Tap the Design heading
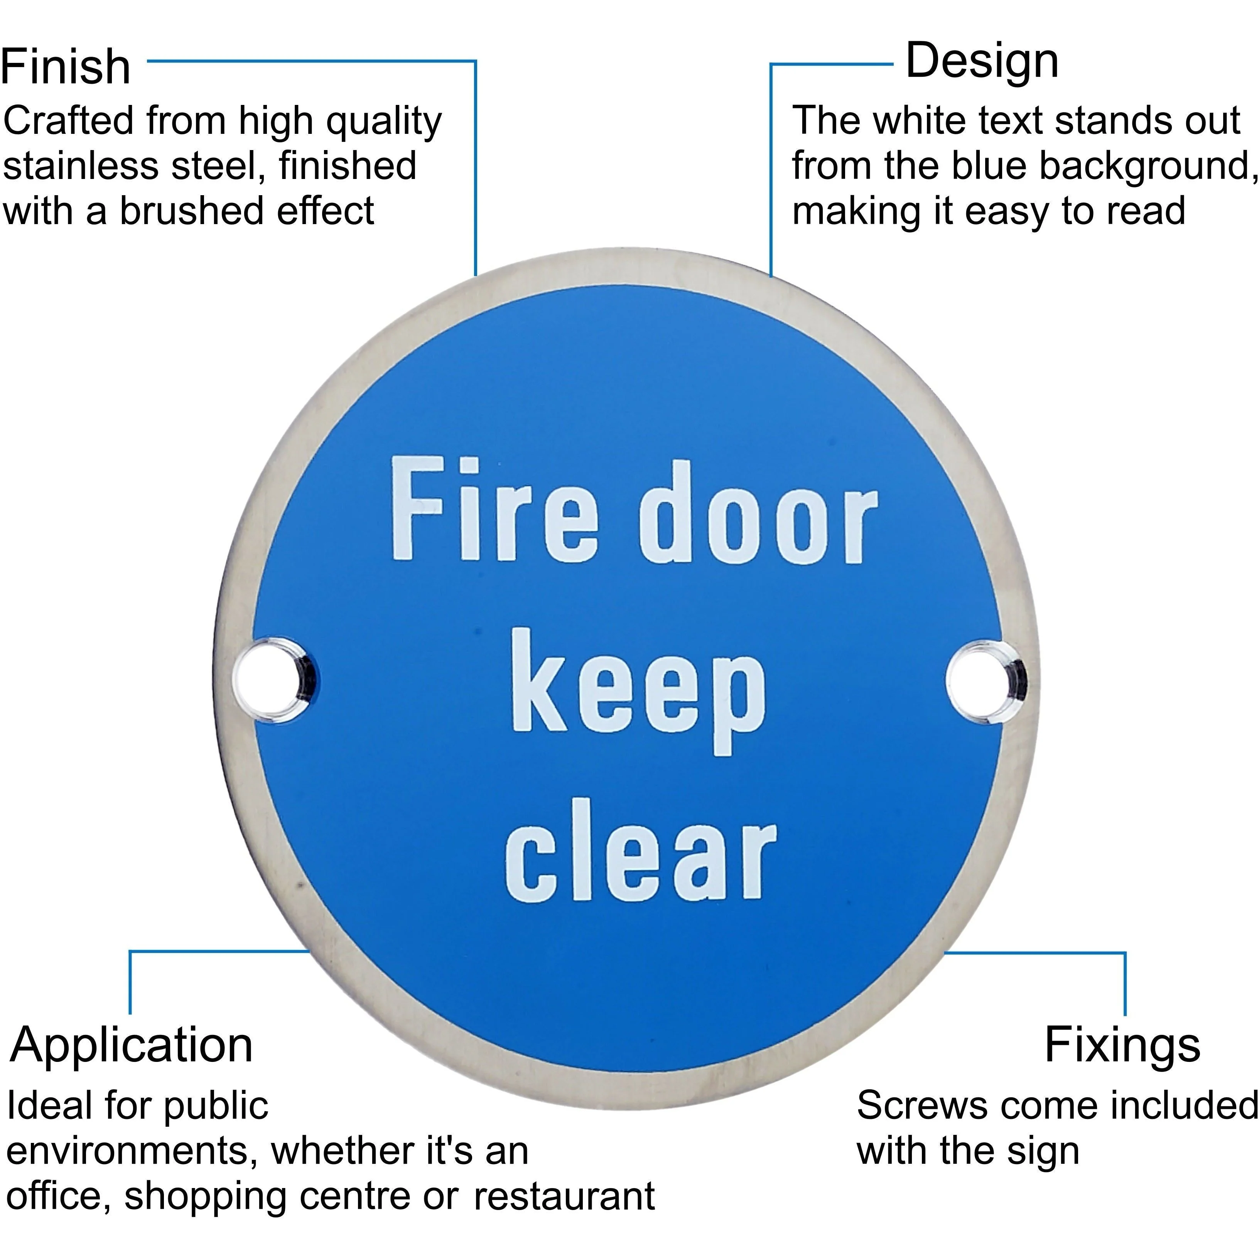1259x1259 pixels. (982, 61)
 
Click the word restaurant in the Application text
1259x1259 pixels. (564, 1197)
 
